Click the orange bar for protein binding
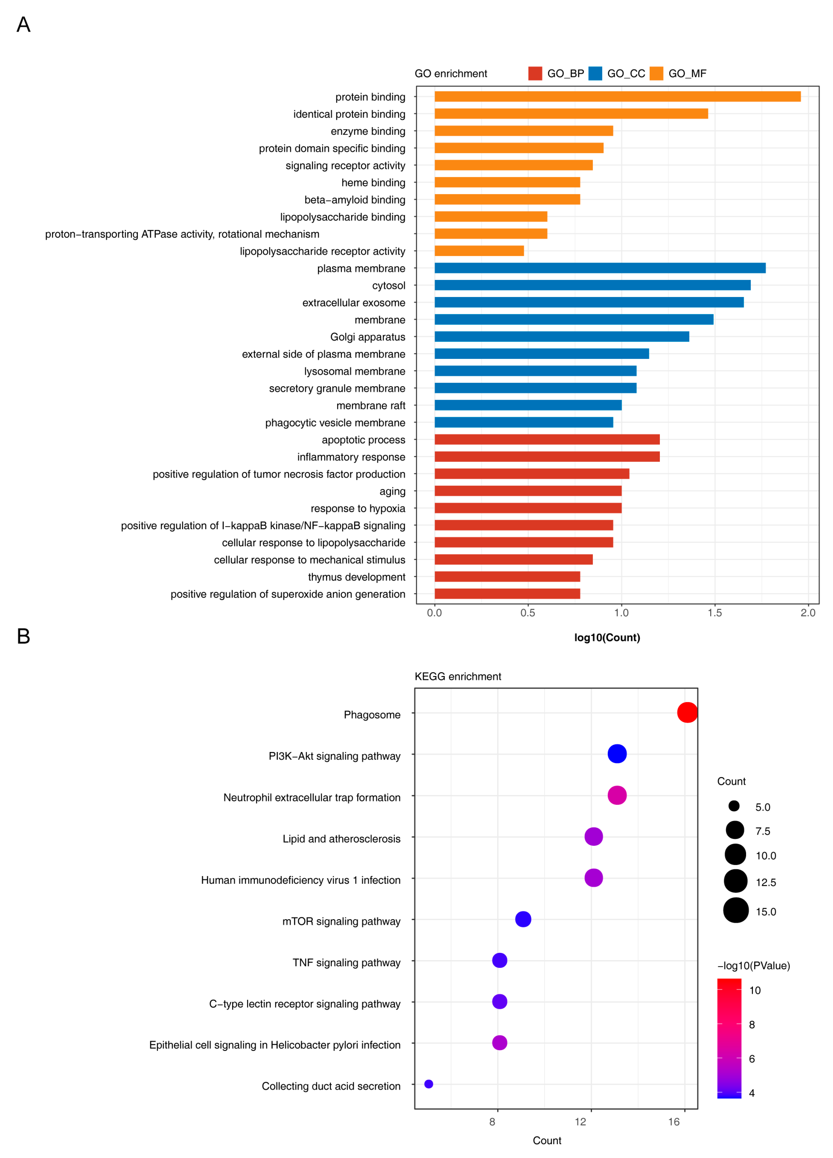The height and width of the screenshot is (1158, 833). tap(617, 97)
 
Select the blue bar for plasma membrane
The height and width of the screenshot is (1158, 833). tap(600, 268)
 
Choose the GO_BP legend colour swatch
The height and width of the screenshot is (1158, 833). tap(535, 73)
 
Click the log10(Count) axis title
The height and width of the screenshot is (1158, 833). tap(607, 637)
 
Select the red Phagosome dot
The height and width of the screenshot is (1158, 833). tap(687, 712)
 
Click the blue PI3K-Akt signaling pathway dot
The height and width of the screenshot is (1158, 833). tap(617, 754)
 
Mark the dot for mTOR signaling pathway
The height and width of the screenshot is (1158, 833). tap(523, 919)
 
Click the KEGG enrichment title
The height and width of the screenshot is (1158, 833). tap(458, 677)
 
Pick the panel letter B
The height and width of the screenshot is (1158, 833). tap(23, 636)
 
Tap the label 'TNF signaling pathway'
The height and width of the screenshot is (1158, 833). tap(346, 963)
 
